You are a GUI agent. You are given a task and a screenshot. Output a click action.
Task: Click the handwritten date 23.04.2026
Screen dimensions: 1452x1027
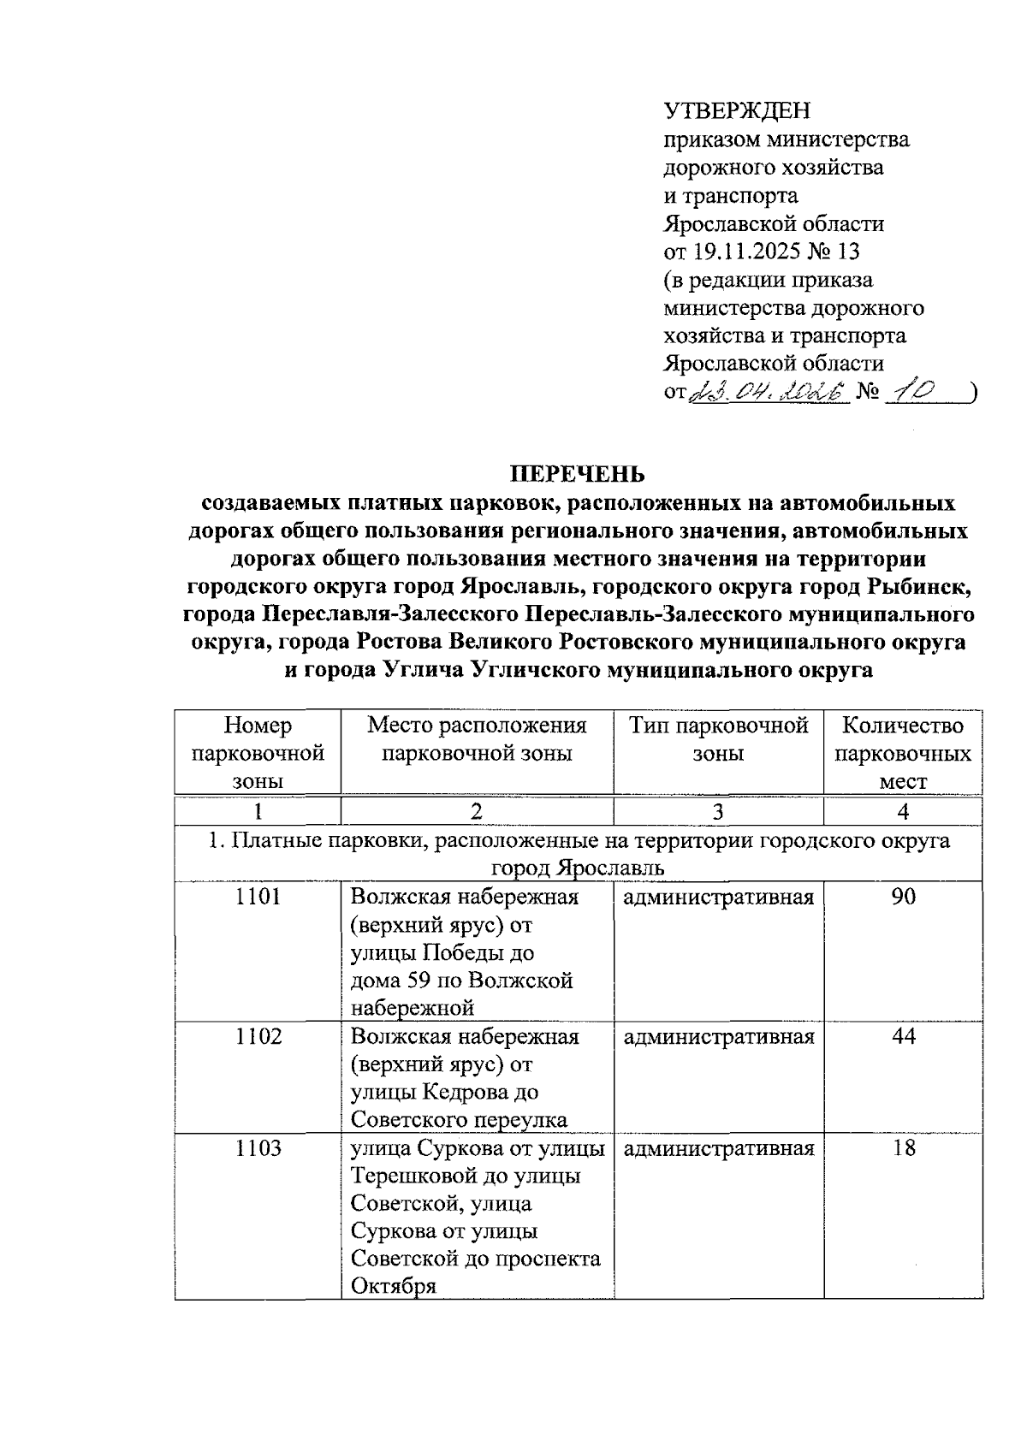click(769, 392)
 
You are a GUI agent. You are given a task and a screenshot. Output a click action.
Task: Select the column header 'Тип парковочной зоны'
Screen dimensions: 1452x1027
click(718, 739)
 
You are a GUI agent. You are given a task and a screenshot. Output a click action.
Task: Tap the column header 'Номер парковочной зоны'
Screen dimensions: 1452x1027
click(258, 753)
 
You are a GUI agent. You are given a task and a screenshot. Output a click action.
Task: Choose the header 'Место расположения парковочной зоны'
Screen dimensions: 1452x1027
click(477, 739)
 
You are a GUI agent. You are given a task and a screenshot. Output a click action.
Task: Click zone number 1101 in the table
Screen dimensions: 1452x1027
click(258, 897)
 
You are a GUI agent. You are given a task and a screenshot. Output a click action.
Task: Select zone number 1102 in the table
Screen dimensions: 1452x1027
click(258, 1037)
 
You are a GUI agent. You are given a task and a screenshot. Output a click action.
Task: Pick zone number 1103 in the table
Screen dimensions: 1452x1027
click(258, 1148)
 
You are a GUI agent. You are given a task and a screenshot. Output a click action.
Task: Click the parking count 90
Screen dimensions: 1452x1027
click(903, 897)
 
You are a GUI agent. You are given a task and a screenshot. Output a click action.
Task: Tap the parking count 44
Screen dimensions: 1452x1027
click(903, 1037)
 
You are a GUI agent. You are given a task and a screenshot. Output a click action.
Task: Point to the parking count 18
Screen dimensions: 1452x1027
click(903, 1148)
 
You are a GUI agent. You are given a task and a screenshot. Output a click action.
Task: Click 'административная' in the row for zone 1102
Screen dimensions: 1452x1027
click(718, 1037)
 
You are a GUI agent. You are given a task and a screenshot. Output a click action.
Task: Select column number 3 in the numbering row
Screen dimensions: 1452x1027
click(718, 811)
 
